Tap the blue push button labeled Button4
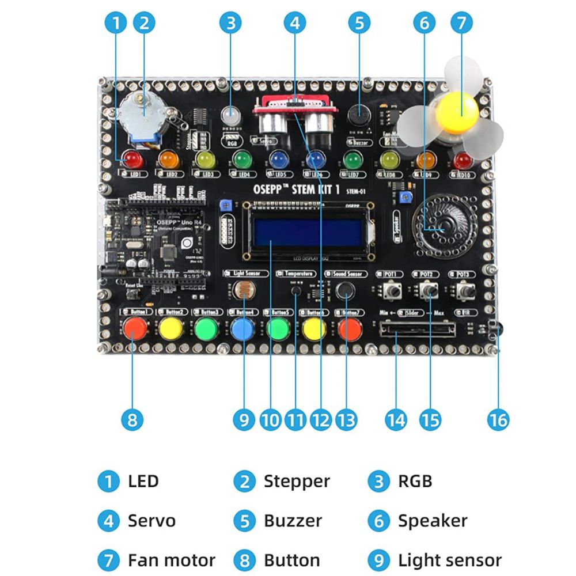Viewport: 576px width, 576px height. [x=242, y=329]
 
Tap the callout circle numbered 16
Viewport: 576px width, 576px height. [x=498, y=420]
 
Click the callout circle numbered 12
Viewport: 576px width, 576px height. [x=321, y=420]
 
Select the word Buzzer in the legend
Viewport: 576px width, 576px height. [x=293, y=521]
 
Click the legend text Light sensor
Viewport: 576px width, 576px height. [x=449, y=560]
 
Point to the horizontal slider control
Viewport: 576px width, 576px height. [x=418, y=329]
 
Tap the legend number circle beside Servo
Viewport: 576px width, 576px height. [x=108, y=521]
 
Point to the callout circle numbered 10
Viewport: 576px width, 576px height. [x=270, y=420]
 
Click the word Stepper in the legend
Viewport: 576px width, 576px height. [x=297, y=481]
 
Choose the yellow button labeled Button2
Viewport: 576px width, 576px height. [x=171, y=328]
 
